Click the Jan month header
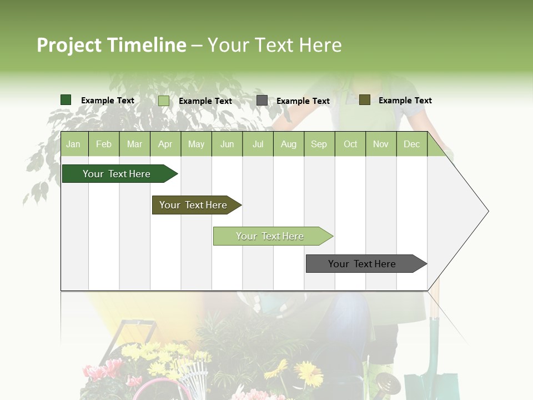point(73,144)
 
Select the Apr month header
point(165,144)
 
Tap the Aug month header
point(288,144)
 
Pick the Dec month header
point(411,144)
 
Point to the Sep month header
point(319,144)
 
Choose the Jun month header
point(227,144)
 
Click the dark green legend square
point(66,100)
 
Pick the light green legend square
point(164,101)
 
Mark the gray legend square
point(262,101)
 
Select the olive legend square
point(364,100)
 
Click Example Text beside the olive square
point(405,101)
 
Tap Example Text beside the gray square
point(303,101)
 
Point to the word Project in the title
point(69,45)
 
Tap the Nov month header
point(380,144)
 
